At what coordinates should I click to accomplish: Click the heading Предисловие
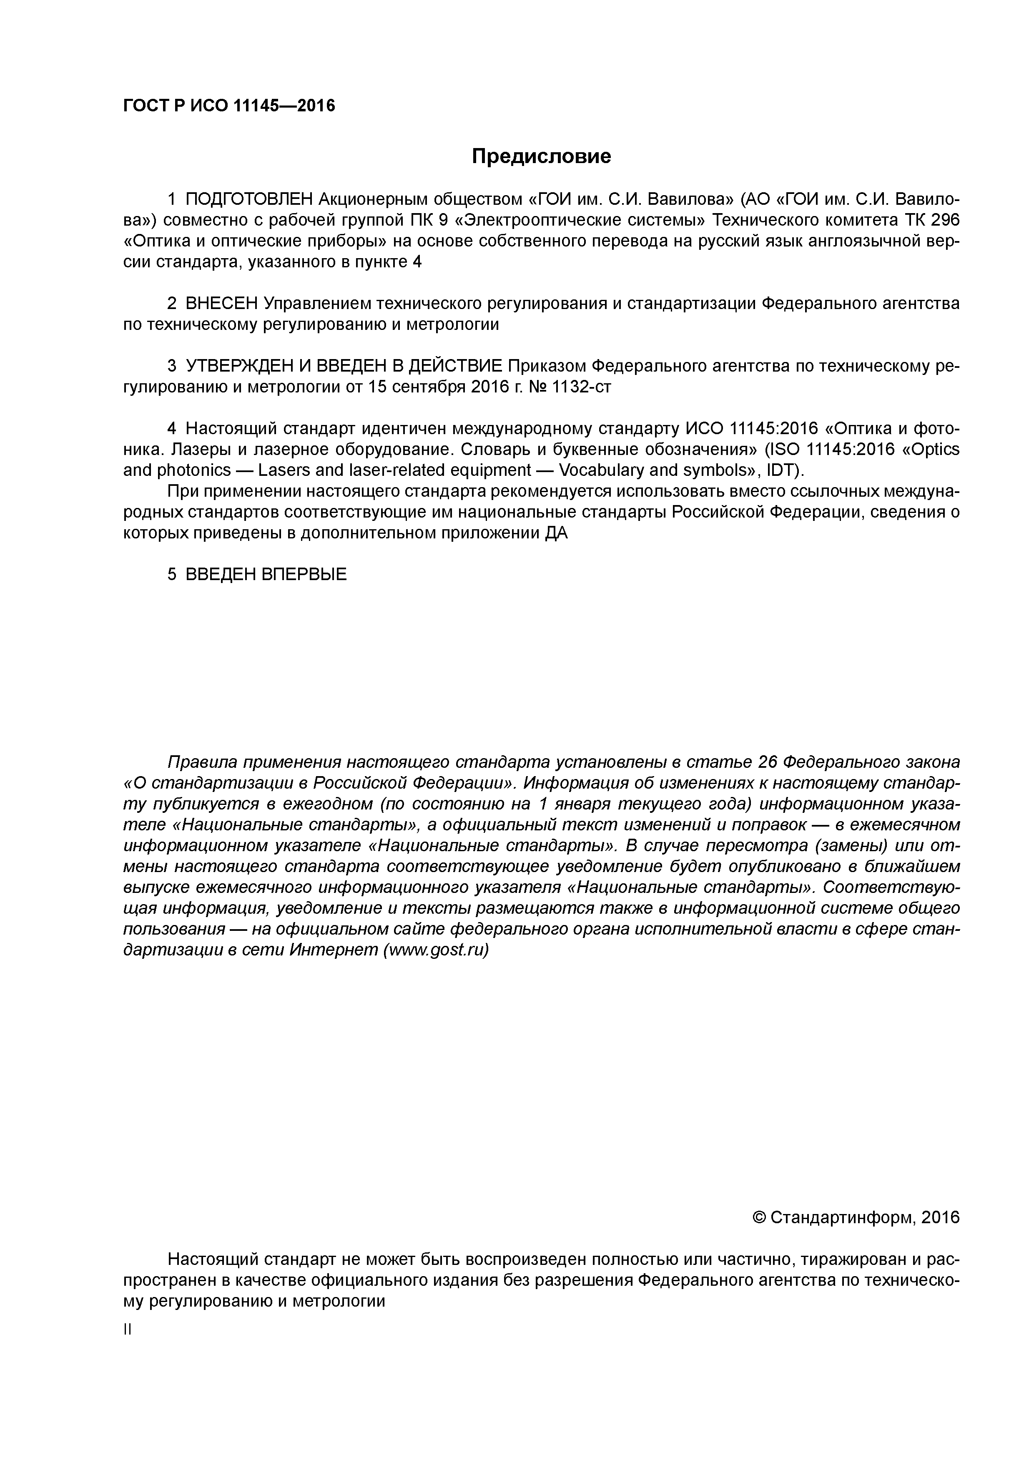[541, 156]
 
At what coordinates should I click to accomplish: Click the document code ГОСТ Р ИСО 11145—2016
[229, 106]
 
